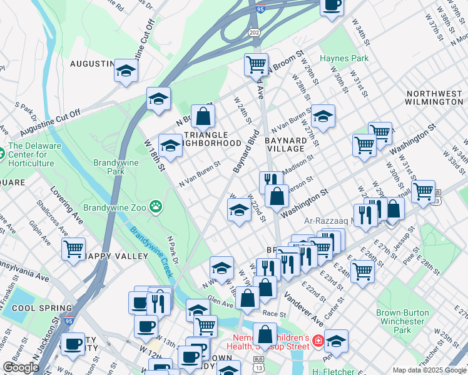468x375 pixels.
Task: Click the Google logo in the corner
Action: tap(21, 367)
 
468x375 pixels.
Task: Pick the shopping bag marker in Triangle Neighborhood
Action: tap(203, 116)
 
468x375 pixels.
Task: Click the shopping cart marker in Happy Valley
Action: tap(74, 248)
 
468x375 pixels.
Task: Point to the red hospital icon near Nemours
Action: tap(318, 341)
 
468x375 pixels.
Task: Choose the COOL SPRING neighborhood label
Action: tap(37, 308)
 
